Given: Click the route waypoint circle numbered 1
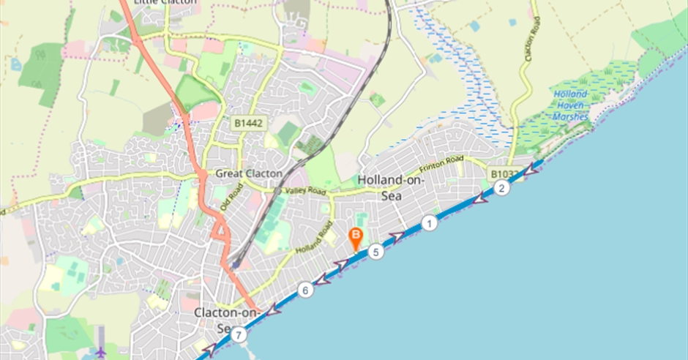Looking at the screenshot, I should pos(430,223).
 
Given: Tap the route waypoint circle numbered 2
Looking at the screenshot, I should pos(501,188).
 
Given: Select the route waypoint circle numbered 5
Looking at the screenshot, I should pos(375,252).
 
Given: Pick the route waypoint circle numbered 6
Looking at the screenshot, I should pos(306,290).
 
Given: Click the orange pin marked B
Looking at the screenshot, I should pos(356,237).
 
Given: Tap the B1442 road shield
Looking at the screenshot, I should pos(247,125).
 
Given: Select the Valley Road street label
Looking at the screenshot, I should pos(304,191).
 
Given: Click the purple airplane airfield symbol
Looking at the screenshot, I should pos(100,350).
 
